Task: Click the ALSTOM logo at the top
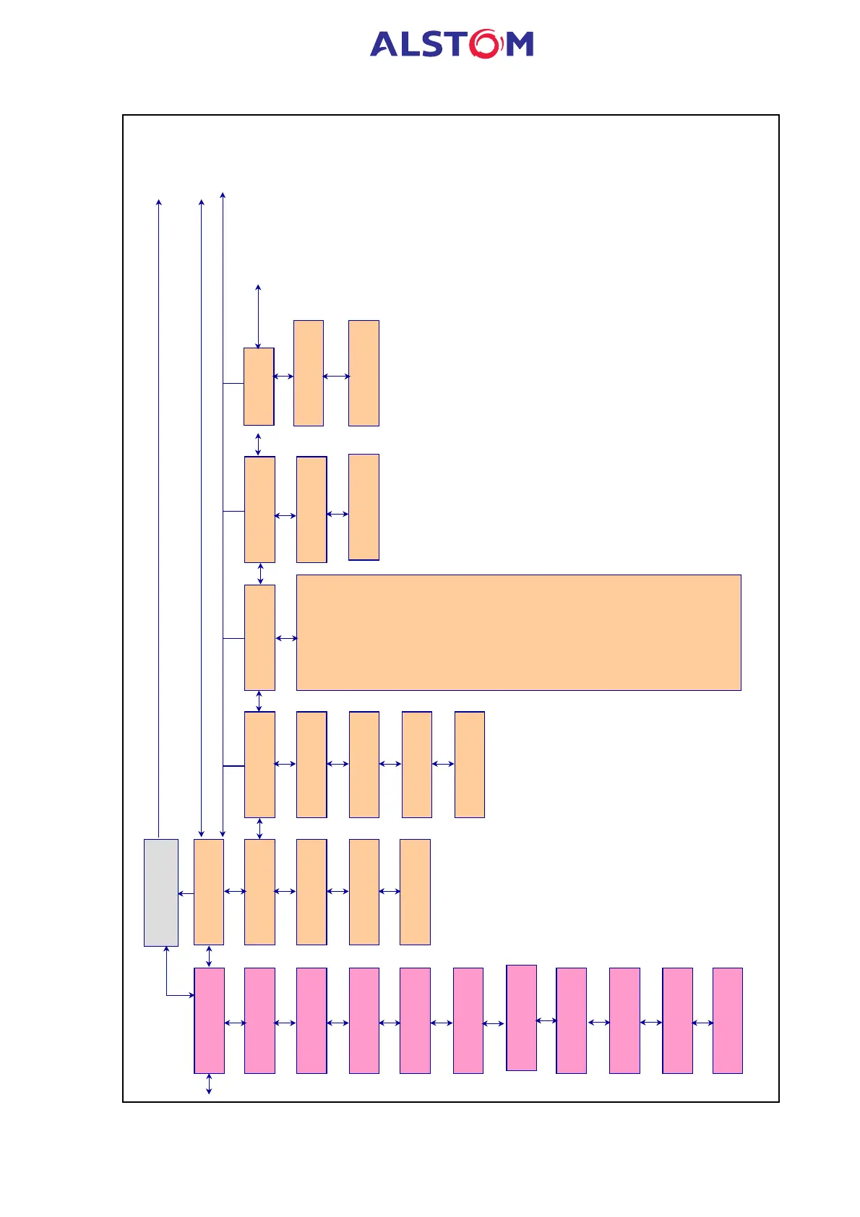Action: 452,44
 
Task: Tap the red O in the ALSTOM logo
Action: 484,44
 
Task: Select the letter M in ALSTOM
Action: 519,45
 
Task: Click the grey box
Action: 160,892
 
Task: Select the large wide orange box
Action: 518,632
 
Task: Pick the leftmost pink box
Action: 209,1020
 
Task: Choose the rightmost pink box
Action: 727,1020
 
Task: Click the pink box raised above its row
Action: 521,1017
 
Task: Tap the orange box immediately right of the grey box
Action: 209,891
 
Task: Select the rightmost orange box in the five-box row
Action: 469,764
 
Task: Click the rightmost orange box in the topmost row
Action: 364,373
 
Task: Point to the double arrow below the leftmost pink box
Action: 209,1083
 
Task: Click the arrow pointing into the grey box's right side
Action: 186,893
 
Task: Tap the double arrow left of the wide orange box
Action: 286,638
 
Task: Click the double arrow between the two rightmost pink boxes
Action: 702,1023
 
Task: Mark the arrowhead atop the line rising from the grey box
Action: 159,202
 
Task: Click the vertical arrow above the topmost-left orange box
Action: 258,317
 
